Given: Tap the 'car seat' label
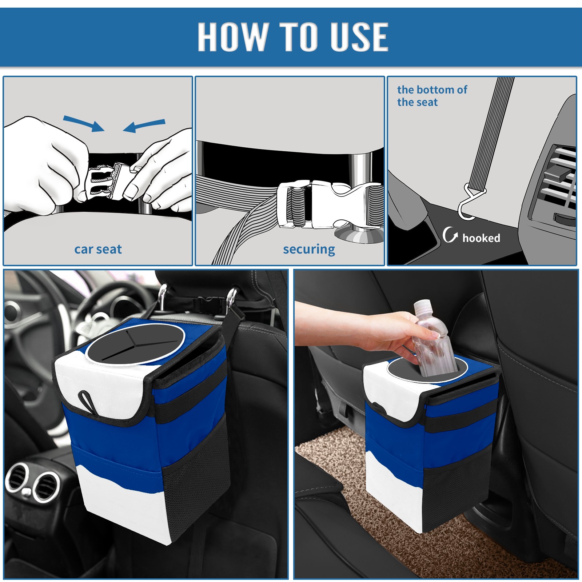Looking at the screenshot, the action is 98,249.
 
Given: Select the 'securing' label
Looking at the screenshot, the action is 309,250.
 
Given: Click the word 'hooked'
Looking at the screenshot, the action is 481,238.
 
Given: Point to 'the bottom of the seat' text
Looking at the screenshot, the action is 432,96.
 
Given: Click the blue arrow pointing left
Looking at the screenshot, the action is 144,125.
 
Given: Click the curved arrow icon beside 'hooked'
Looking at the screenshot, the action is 450,235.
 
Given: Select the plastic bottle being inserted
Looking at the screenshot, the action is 434,338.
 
